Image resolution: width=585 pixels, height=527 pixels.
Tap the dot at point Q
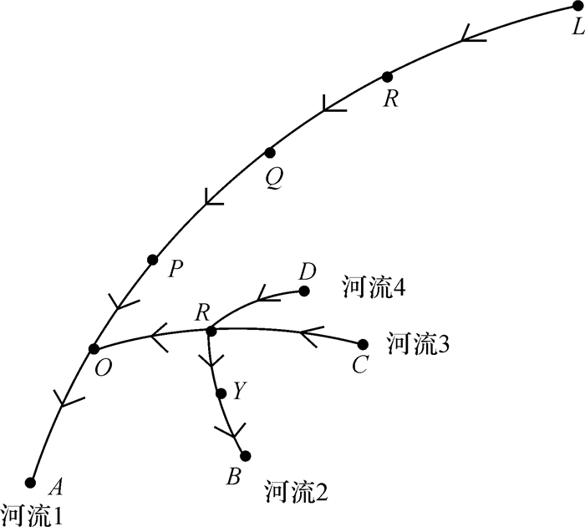[x=269, y=153]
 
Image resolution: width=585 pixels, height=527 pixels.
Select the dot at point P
[x=152, y=260]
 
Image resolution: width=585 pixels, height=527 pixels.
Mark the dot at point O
[x=94, y=348]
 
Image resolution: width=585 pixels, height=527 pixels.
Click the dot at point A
[x=31, y=481]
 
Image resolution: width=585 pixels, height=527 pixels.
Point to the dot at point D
[x=304, y=291]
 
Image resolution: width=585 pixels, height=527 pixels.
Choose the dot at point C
[x=363, y=344]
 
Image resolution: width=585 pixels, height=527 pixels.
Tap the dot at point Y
[x=221, y=393]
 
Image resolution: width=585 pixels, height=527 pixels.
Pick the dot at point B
[x=245, y=455]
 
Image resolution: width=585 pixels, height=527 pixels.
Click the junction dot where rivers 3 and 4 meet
[x=211, y=332]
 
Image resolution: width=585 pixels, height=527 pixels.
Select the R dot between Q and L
[x=386, y=77]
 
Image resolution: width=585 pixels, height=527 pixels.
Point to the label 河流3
[x=419, y=342]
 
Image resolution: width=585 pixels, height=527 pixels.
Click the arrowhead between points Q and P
[x=211, y=198]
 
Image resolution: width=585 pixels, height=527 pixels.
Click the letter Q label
[x=273, y=177]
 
